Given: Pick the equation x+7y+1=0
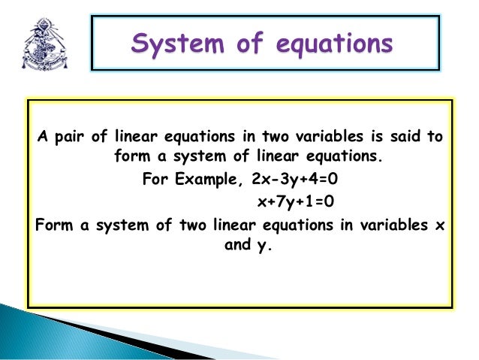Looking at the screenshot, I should tap(295, 201).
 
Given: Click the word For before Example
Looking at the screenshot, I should tap(155, 180).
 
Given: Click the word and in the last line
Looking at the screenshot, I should tap(238, 244).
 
